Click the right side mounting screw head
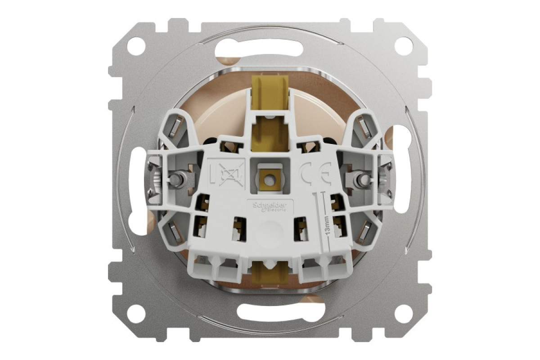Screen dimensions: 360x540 point(360,179)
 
